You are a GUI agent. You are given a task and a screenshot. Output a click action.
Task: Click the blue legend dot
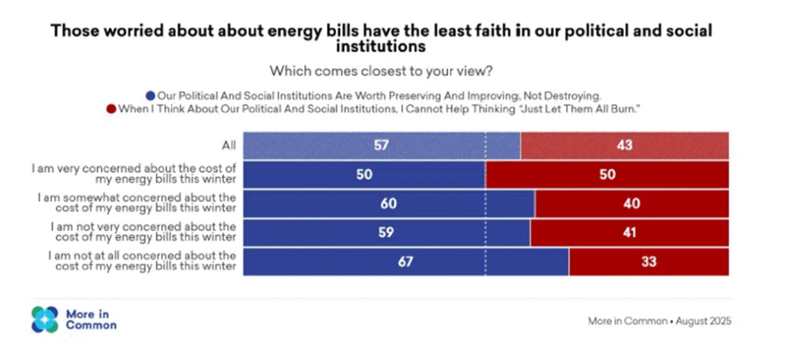tap(151, 96)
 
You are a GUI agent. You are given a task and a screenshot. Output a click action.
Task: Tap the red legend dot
tap(111, 109)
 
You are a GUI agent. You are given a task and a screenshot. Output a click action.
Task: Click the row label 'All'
tap(229, 144)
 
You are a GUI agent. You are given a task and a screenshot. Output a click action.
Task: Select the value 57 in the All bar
tap(381, 144)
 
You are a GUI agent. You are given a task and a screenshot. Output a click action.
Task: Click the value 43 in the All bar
tap(624, 144)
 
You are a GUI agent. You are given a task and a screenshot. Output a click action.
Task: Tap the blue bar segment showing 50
tap(364, 174)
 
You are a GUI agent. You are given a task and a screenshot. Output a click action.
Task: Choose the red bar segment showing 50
tap(607, 174)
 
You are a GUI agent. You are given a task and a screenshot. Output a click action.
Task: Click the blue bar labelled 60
tap(388, 204)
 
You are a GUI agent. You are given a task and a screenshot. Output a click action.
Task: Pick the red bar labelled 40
tap(632, 204)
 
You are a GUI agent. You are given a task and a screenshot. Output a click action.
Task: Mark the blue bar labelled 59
tap(386, 233)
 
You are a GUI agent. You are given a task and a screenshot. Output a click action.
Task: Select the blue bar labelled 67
tap(406, 263)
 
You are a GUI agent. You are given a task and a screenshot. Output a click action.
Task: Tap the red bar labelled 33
tap(649, 263)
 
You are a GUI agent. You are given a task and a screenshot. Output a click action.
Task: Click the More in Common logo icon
tap(45, 319)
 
